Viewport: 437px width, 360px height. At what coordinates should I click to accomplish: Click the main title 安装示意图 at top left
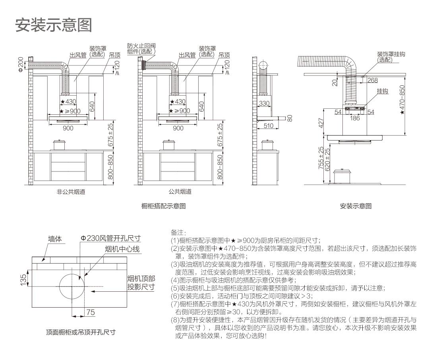click(54, 25)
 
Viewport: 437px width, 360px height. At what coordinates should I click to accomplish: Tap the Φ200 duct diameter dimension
click(21, 65)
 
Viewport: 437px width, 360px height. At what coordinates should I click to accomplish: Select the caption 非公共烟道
click(71, 192)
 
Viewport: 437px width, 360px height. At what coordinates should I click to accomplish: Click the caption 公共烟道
click(180, 192)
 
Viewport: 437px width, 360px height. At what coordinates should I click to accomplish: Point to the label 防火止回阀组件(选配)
click(141, 48)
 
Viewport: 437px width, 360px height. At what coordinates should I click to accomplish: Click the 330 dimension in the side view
click(264, 104)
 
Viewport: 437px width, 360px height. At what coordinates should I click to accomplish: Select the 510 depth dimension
click(269, 126)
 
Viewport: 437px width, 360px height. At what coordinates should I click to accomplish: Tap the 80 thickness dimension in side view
click(290, 118)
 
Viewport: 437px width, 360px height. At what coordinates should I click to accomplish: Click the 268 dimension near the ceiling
click(372, 81)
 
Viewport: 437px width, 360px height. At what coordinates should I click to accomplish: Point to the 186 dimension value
click(355, 118)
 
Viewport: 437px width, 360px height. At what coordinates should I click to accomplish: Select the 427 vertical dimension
click(321, 123)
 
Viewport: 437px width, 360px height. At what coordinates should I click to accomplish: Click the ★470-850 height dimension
click(402, 100)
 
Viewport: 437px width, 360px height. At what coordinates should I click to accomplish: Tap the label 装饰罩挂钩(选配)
click(391, 57)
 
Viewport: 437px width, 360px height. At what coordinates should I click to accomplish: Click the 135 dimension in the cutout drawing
click(23, 280)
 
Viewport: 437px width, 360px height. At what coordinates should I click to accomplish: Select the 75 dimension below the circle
click(91, 312)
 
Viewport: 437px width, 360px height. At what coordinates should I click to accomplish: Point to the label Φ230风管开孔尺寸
click(111, 238)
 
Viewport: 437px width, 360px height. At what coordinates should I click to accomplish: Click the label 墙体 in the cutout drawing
click(55, 239)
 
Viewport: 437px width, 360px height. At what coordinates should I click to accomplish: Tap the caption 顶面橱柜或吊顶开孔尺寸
click(81, 332)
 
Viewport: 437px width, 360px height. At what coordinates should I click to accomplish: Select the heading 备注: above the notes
click(178, 233)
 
